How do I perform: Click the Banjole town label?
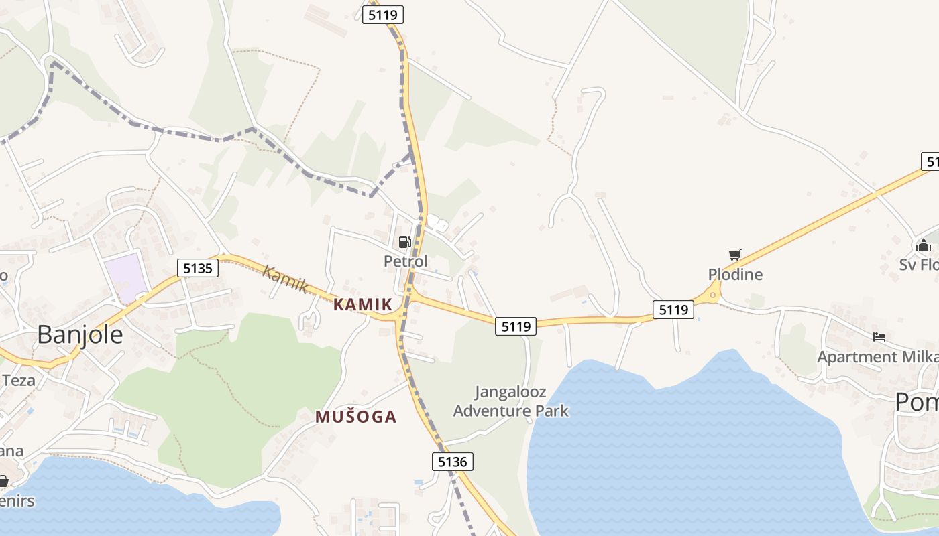pyautogui.click(x=80, y=334)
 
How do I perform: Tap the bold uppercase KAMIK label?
pyautogui.click(x=363, y=304)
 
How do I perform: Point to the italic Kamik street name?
pyautogui.click(x=286, y=279)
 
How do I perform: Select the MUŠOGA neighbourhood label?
pyautogui.click(x=356, y=417)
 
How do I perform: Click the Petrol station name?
pyautogui.click(x=405, y=261)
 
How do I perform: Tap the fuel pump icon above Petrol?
pyautogui.click(x=404, y=242)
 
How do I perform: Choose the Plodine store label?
pyautogui.click(x=735, y=274)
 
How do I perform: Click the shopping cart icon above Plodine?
pyautogui.click(x=735, y=255)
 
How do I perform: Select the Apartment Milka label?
pyautogui.click(x=877, y=356)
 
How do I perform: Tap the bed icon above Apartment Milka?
pyautogui.click(x=879, y=336)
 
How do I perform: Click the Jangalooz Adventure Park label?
pyautogui.click(x=510, y=401)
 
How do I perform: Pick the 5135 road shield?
pyautogui.click(x=198, y=269)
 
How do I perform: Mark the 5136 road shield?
pyautogui.click(x=452, y=461)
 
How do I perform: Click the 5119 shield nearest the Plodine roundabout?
pyautogui.click(x=673, y=309)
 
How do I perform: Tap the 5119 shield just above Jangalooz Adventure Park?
pyautogui.click(x=516, y=326)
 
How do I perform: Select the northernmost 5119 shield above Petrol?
pyautogui.click(x=383, y=15)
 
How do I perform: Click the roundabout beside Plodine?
pyautogui.click(x=712, y=293)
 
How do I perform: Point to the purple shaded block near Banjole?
pyautogui.click(x=125, y=277)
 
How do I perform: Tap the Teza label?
pyautogui.click(x=18, y=380)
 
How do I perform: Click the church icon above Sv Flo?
pyautogui.click(x=924, y=246)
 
